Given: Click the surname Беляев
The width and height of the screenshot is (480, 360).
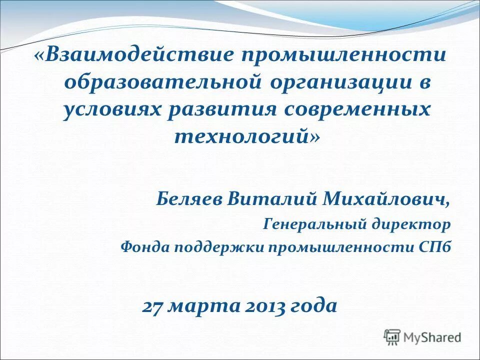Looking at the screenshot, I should click(x=188, y=198).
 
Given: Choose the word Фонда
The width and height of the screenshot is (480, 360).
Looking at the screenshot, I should click(x=146, y=247).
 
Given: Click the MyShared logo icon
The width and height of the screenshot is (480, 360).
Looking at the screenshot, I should click(x=393, y=337).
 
